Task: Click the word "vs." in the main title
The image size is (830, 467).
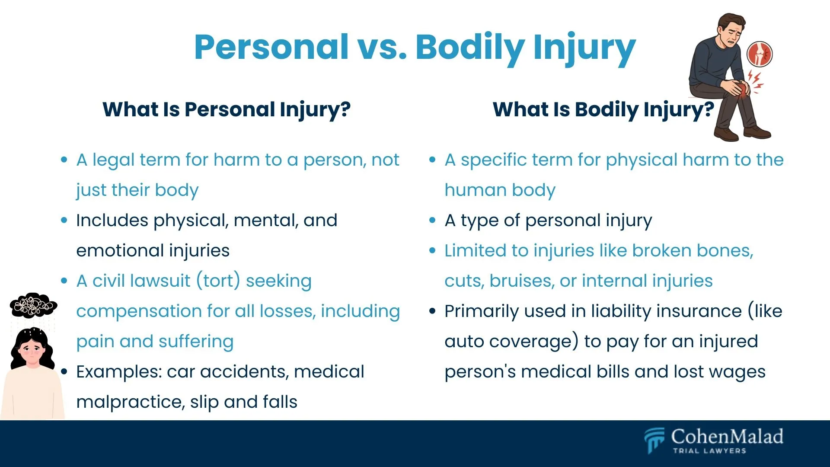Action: [x=382, y=48]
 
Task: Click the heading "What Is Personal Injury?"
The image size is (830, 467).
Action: [x=227, y=109]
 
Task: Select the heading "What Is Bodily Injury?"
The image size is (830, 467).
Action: [x=603, y=109]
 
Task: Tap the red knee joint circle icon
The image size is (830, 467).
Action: [x=760, y=54]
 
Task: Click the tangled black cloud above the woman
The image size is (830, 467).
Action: [x=33, y=305]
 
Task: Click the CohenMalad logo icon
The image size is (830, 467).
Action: [x=654, y=440]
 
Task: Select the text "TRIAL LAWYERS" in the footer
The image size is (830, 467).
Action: [x=709, y=451]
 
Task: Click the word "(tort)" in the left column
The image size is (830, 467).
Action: [x=218, y=281]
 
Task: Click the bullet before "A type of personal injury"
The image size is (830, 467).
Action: [x=432, y=221]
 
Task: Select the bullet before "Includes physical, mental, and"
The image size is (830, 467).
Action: [x=64, y=221]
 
